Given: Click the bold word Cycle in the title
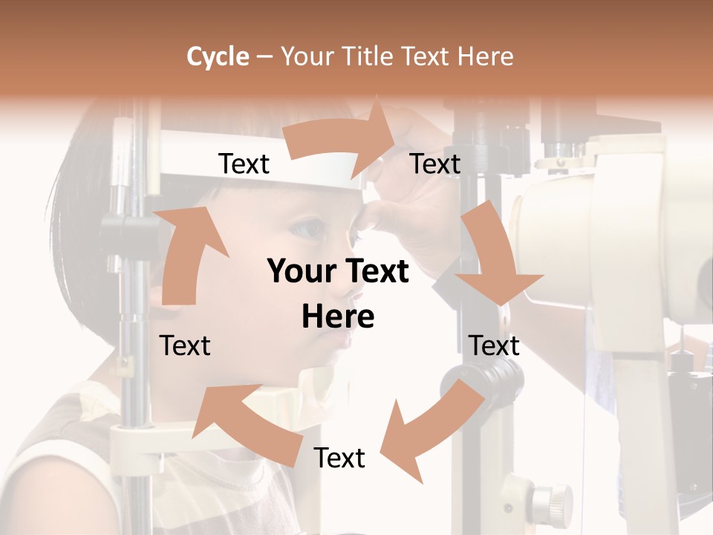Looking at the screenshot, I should click(218, 56).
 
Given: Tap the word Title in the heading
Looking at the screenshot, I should click(368, 56).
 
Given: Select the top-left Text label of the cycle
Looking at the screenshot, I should click(244, 164).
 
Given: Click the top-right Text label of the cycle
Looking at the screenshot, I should click(435, 164).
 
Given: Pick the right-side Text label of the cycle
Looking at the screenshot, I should click(494, 346).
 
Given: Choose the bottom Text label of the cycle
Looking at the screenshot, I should click(339, 458).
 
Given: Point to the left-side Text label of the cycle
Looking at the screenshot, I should click(185, 346).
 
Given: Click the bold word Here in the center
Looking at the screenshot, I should click(338, 317).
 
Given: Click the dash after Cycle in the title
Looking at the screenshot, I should click(264, 56).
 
